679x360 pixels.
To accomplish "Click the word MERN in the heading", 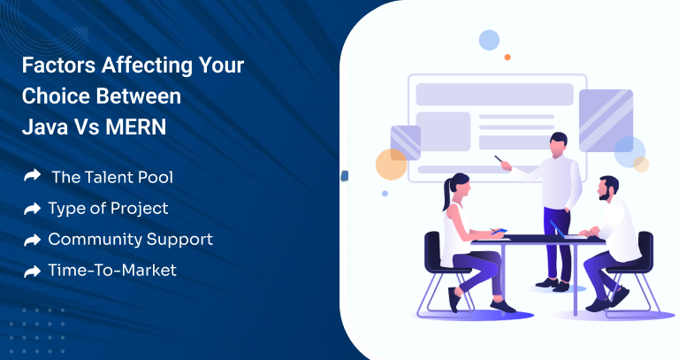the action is (135, 127).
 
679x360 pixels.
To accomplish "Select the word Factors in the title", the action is (59, 65).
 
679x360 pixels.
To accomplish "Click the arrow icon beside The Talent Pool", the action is (32, 176).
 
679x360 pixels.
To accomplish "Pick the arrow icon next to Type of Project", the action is (32, 209).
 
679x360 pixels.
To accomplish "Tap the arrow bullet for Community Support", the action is (32, 240).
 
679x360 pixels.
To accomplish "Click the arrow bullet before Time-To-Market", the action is (32, 272).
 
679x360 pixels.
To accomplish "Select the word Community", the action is (95, 240).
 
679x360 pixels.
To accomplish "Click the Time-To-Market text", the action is (112, 271).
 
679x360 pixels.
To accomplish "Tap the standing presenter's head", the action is (558, 143).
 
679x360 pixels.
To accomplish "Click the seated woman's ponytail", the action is (446, 195).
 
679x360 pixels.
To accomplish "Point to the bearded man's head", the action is (608, 188).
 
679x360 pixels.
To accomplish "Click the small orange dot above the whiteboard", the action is (507, 57).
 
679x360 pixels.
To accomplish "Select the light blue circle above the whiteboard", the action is (489, 41).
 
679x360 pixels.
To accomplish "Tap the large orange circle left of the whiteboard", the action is (391, 165).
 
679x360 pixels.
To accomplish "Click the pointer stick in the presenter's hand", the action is (500, 159).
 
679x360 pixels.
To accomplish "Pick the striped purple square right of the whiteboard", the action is (606, 120).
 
